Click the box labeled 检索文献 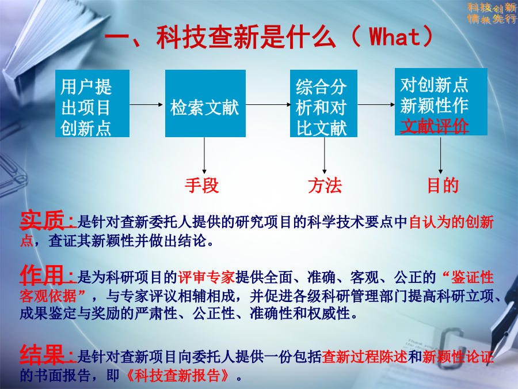click(x=205, y=103)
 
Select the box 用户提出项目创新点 click(x=92, y=103)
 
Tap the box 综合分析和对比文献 click(x=323, y=103)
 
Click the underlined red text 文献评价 click(x=435, y=126)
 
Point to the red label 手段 click(x=201, y=185)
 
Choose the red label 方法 click(x=325, y=185)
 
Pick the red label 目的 click(x=443, y=185)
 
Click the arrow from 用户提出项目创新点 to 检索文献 click(x=146, y=104)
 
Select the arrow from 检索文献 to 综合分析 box click(x=268, y=104)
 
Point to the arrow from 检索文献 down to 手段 click(x=204, y=155)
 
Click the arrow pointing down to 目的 click(x=440, y=155)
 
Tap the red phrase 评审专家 click(x=207, y=277)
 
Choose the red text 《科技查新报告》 click(x=178, y=375)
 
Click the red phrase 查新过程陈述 click(x=365, y=357)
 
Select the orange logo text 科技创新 click(x=492, y=7)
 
